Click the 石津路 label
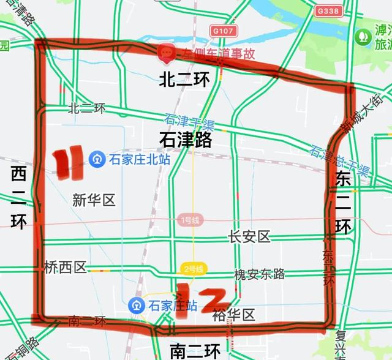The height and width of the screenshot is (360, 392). coord(185,140)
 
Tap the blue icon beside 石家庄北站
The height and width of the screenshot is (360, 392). coord(97,159)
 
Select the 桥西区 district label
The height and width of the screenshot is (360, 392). coord(66,267)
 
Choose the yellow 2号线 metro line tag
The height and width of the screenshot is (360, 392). coord(193,268)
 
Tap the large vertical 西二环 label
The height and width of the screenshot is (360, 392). coord(18,198)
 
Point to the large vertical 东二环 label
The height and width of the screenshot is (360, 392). coord(344,203)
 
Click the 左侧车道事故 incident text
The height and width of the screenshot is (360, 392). coord(208,54)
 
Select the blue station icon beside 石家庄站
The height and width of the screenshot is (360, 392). coord(136,304)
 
